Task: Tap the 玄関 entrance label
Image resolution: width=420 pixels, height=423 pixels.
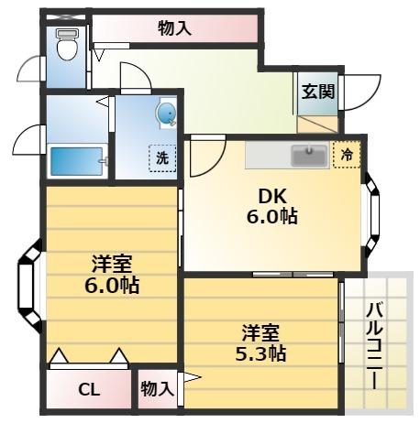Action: (317, 91)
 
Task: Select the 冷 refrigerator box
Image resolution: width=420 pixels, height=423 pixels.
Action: (348, 156)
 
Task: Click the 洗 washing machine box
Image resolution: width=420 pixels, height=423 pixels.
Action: (162, 157)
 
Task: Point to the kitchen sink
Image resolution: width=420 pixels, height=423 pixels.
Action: (309, 155)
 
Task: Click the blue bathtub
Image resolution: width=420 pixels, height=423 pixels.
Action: (77, 162)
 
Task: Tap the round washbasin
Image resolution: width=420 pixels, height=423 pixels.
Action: (166, 114)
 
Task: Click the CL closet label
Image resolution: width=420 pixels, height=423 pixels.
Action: (88, 389)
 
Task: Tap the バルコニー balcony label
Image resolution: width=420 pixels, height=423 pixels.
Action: (374, 343)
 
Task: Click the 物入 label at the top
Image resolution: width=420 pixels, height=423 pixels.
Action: (174, 27)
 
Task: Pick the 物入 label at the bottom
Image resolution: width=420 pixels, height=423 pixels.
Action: (157, 388)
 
